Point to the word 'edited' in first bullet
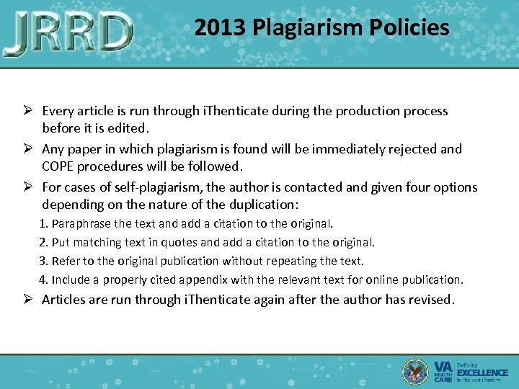(128, 129)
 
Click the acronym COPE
(60, 166)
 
